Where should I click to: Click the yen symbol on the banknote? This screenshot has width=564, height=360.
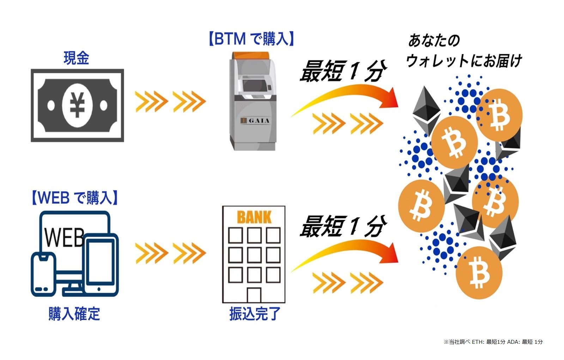pos(77,105)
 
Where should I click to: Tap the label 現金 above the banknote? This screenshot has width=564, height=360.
pos(76,58)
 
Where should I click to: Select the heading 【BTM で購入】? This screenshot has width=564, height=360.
pos(251,38)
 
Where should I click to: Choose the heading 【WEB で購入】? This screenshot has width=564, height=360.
pos(74,198)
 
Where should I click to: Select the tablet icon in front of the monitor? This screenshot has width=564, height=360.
pos(101,263)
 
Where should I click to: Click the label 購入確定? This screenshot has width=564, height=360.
pos(74,314)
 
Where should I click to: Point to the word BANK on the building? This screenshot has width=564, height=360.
pos(254,217)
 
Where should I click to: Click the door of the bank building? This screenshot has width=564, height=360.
pos(254,295)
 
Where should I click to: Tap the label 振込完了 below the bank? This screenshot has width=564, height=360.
pos(255,314)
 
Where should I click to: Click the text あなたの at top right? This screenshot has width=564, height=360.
pos(434,41)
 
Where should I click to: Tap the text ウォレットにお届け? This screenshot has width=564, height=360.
pos(464,61)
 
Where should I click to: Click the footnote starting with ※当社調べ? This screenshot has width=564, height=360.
pos(493,342)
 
